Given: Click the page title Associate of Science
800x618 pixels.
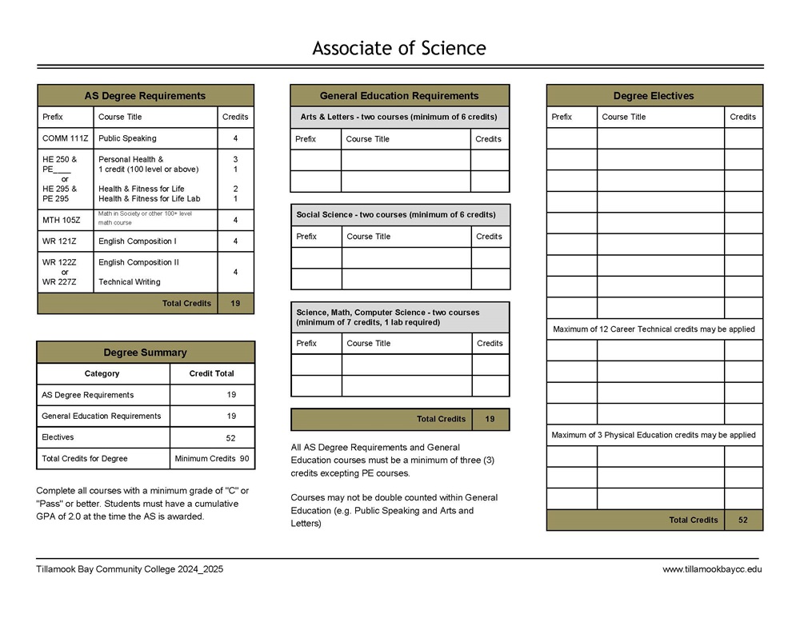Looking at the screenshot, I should [x=398, y=48].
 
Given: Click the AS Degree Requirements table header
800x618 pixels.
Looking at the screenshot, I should [x=145, y=96].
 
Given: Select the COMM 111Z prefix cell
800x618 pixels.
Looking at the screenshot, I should [x=65, y=138].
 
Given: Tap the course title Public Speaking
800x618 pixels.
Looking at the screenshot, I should [x=127, y=138].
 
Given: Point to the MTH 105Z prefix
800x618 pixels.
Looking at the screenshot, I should [x=61, y=219].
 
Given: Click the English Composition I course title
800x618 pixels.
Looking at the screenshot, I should [x=137, y=241].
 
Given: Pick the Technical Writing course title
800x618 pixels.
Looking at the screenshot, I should [x=129, y=281].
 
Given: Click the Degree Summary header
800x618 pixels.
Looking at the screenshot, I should [x=145, y=353].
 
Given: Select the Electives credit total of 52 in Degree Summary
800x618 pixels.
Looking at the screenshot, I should [x=230, y=437].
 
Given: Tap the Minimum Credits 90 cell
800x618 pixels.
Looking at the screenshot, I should [x=211, y=459].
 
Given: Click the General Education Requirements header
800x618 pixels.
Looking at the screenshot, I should [x=398, y=96].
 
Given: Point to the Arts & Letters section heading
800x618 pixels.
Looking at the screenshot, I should [x=398, y=118].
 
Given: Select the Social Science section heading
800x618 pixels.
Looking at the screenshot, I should [x=396, y=214].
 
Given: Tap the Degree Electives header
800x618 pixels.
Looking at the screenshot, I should [x=654, y=96].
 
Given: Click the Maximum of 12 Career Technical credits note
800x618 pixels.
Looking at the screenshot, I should [x=654, y=329].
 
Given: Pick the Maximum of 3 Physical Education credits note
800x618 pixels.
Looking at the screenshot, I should [x=654, y=435].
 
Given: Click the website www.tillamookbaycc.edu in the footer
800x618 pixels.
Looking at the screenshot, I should [x=712, y=569].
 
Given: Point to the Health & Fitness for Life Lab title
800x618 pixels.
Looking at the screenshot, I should [x=149, y=198].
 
